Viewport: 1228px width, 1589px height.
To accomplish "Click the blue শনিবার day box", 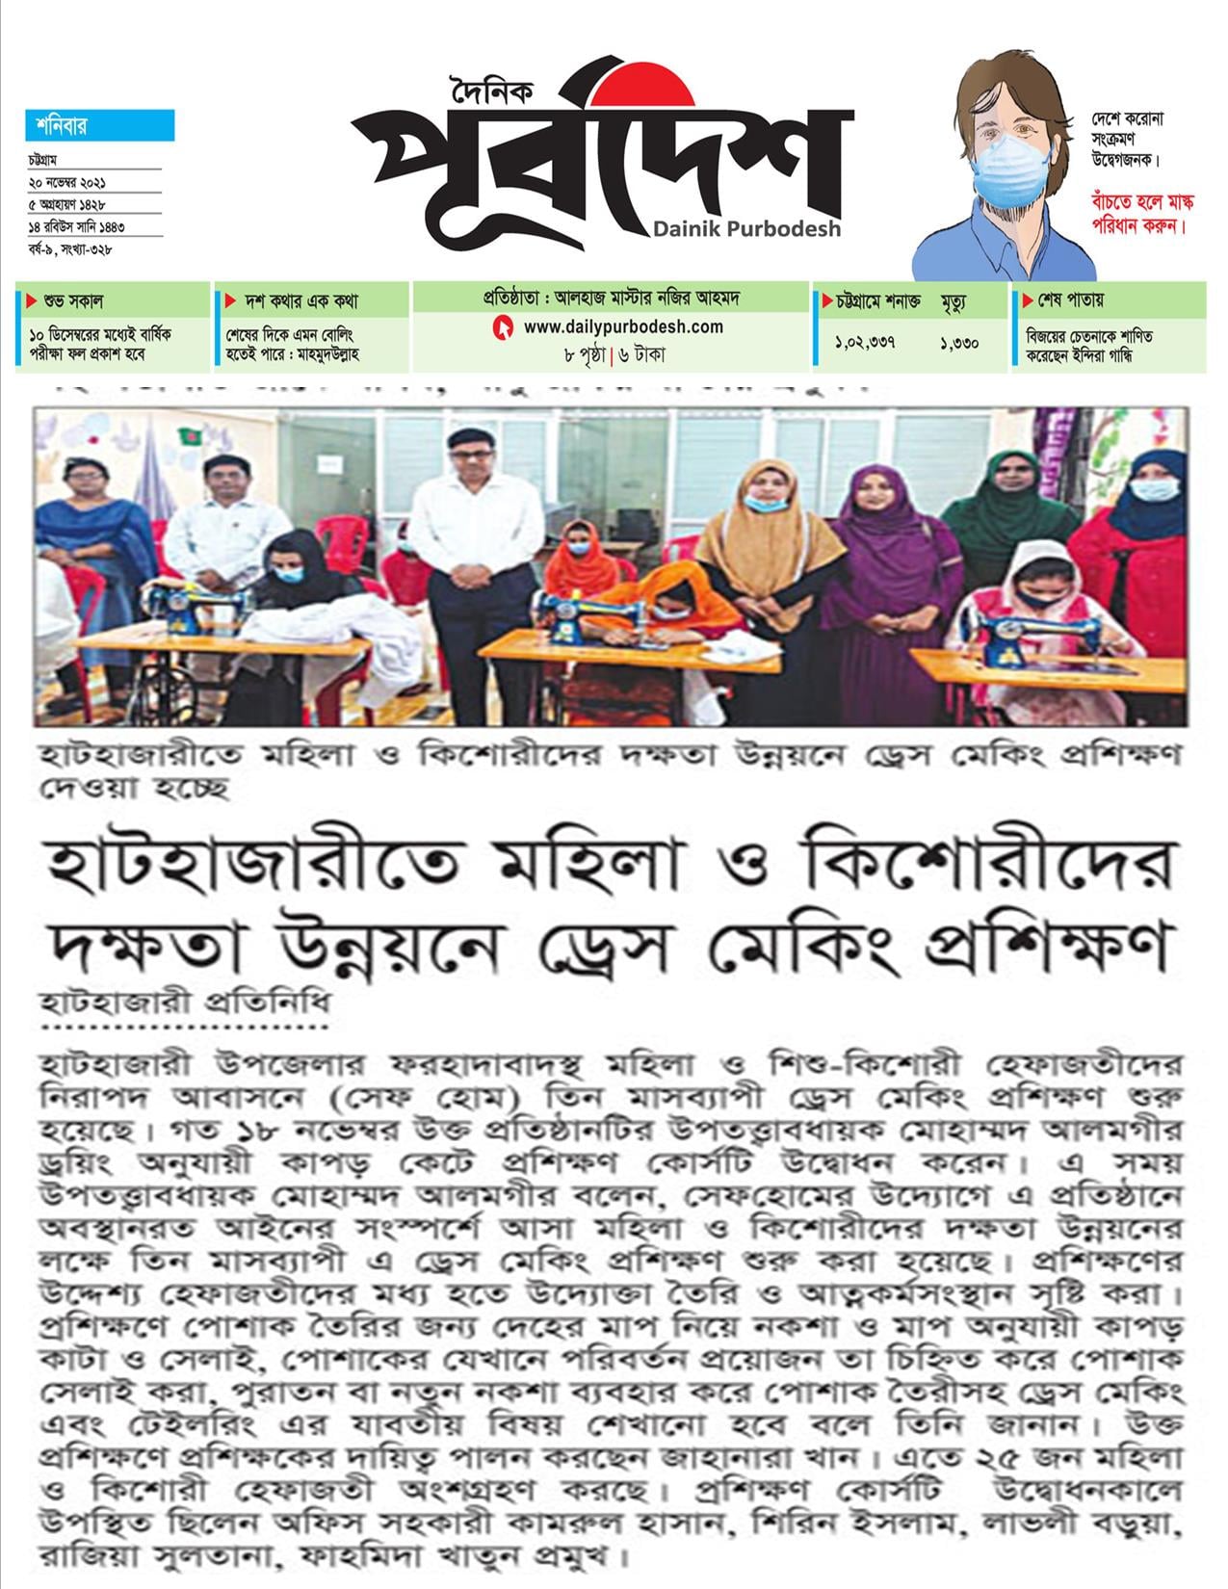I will coord(99,125).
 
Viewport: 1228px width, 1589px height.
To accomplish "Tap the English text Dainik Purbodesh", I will coord(746,229).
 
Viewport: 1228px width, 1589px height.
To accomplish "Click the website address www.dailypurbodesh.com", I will coord(623,327).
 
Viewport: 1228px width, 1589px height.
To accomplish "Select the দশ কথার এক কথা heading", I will coord(291,300).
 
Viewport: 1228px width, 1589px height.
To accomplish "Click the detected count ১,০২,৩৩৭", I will coord(865,340).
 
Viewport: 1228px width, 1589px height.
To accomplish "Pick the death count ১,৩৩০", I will coord(959,340).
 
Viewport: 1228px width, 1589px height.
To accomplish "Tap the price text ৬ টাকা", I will coord(641,354).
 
